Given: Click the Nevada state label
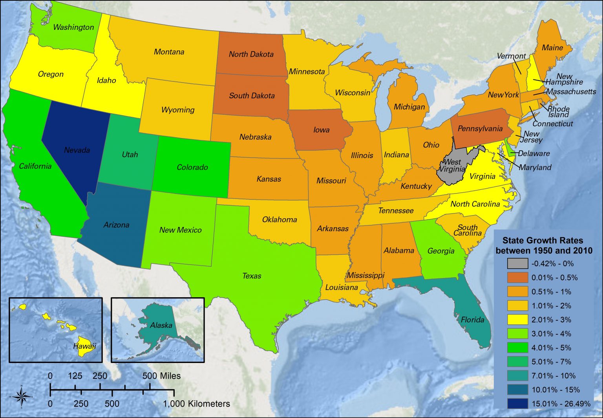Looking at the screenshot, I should [77, 150].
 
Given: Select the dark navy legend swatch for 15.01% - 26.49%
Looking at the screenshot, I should [517, 403].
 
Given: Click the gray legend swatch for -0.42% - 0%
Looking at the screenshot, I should [517, 263].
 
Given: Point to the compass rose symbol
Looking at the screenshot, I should [22, 397].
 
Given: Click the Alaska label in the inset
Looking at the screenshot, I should [161, 325].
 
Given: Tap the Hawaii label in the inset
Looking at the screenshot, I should [84, 346].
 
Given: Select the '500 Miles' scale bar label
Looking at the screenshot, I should [161, 376].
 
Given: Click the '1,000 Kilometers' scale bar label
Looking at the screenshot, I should [196, 404].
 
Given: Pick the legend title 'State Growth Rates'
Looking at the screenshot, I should [543, 241].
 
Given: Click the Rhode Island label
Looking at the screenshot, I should [558, 112].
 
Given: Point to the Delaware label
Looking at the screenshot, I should [534, 153].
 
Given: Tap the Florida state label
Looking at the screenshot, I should [472, 320].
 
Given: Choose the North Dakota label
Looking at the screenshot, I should [251, 54].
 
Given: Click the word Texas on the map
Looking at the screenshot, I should [252, 276].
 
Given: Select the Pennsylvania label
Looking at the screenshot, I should [480, 129].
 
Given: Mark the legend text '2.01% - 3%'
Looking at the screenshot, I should [551, 320].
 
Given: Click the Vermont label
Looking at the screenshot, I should [511, 56].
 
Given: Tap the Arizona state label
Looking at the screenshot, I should [116, 225].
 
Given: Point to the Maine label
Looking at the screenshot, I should [552, 48].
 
